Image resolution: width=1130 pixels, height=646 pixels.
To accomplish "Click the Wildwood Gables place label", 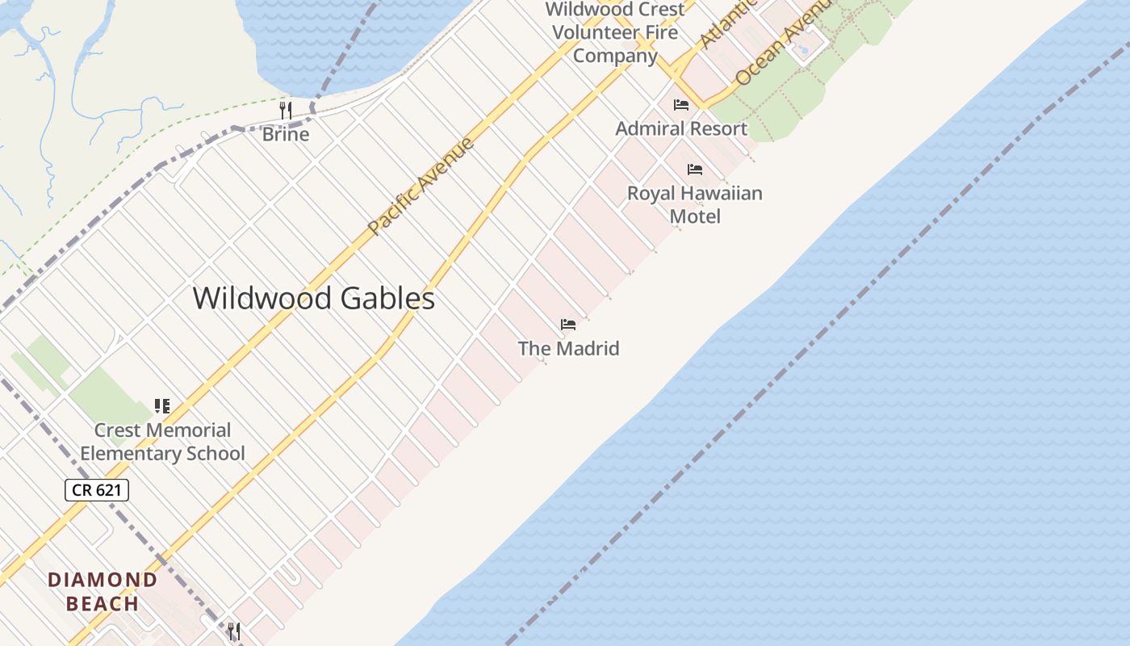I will click(x=313, y=299).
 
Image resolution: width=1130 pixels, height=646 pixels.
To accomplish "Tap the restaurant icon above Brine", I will click(x=285, y=110).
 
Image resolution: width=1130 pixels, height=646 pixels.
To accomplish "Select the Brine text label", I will click(x=285, y=134).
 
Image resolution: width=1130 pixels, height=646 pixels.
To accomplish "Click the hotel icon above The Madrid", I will click(x=568, y=325).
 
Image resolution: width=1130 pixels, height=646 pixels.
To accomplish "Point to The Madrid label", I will click(x=568, y=349).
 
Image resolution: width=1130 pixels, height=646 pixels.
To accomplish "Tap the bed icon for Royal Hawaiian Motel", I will click(x=694, y=170).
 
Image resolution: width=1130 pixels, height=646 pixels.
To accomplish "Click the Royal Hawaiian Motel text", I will click(x=694, y=204).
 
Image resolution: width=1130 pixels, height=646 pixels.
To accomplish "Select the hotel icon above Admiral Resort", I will click(x=681, y=104).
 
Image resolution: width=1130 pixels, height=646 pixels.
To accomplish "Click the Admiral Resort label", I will click(x=681, y=128).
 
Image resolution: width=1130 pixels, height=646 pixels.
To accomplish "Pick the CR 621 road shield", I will click(x=97, y=489).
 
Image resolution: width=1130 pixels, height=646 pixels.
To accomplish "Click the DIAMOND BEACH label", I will click(x=103, y=591).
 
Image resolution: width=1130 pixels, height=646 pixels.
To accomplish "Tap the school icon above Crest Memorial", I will click(x=162, y=405).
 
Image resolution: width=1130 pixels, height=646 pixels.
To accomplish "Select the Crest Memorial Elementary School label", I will click(x=162, y=442).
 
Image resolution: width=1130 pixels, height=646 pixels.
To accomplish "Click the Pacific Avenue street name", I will click(x=421, y=187).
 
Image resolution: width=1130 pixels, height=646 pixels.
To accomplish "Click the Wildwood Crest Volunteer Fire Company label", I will click(x=615, y=32).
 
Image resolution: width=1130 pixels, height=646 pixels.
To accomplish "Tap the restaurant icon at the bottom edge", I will click(x=234, y=631).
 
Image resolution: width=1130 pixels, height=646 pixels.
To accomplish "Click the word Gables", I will click(x=387, y=299).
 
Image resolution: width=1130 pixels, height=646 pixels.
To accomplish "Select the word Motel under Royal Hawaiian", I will click(x=695, y=216).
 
